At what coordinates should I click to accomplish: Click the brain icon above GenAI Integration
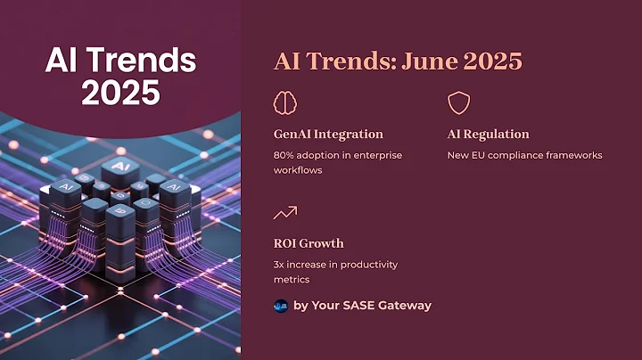[284, 103]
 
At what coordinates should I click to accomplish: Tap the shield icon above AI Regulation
[458, 103]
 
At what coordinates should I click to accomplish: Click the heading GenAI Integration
[328, 135]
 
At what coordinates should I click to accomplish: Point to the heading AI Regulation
[488, 135]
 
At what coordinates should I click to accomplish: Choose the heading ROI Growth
[308, 243]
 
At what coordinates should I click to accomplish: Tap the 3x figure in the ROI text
[280, 265]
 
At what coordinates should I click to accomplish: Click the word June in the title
[432, 61]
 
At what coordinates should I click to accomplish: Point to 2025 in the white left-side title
[119, 93]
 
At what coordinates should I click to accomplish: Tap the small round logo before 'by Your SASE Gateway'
[281, 306]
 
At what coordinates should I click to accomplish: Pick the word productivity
[368, 265]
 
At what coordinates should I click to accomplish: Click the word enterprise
[374, 155]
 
